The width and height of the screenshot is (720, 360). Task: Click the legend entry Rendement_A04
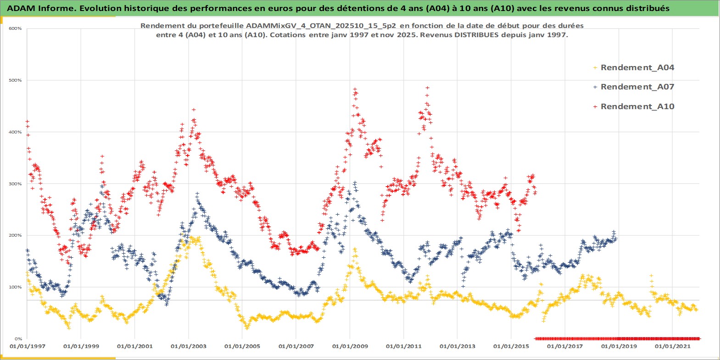[637, 67]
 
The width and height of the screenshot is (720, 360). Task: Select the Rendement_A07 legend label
[637, 87]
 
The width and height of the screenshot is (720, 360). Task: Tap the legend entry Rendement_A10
[637, 106]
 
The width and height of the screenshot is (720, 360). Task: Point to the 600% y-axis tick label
[15, 28]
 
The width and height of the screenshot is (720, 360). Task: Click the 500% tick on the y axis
[15, 80]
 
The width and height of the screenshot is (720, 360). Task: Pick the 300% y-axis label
[15, 184]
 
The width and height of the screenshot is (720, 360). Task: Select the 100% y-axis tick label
[15, 287]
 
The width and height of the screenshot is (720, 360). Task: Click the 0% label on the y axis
[18, 339]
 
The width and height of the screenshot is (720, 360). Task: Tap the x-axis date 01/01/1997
[28, 346]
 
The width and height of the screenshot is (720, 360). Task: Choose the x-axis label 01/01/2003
[189, 346]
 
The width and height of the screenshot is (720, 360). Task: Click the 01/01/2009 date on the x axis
[350, 346]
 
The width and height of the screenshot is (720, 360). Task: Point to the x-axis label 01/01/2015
[511, 346]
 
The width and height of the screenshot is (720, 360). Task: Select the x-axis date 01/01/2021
[672, 346]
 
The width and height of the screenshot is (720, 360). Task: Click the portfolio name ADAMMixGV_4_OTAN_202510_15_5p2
[321, 26]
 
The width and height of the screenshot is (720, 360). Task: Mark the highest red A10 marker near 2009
[355, 89]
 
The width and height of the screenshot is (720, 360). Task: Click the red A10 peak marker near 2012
[427, 88]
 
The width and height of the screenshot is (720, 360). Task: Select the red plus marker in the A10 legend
[595, 106]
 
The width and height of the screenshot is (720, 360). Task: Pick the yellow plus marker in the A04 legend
[595, 67]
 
